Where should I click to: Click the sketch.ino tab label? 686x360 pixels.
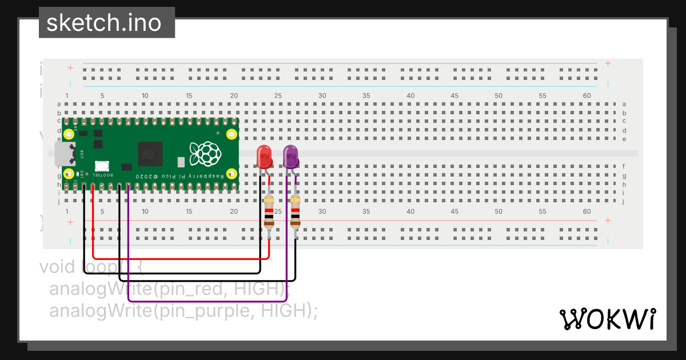pos(103,23)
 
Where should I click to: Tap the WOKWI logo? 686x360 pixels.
pos(607,319)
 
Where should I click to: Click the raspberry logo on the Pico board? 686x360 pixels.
pos(205,153)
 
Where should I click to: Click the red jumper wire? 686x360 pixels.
pos(177,259)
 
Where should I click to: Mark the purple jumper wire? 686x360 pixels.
pos(206,301)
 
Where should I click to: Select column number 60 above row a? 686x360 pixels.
pos(587,95)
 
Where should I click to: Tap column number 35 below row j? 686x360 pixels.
pos(366,211)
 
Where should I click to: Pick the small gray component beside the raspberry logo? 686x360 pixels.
pos(181,162)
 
